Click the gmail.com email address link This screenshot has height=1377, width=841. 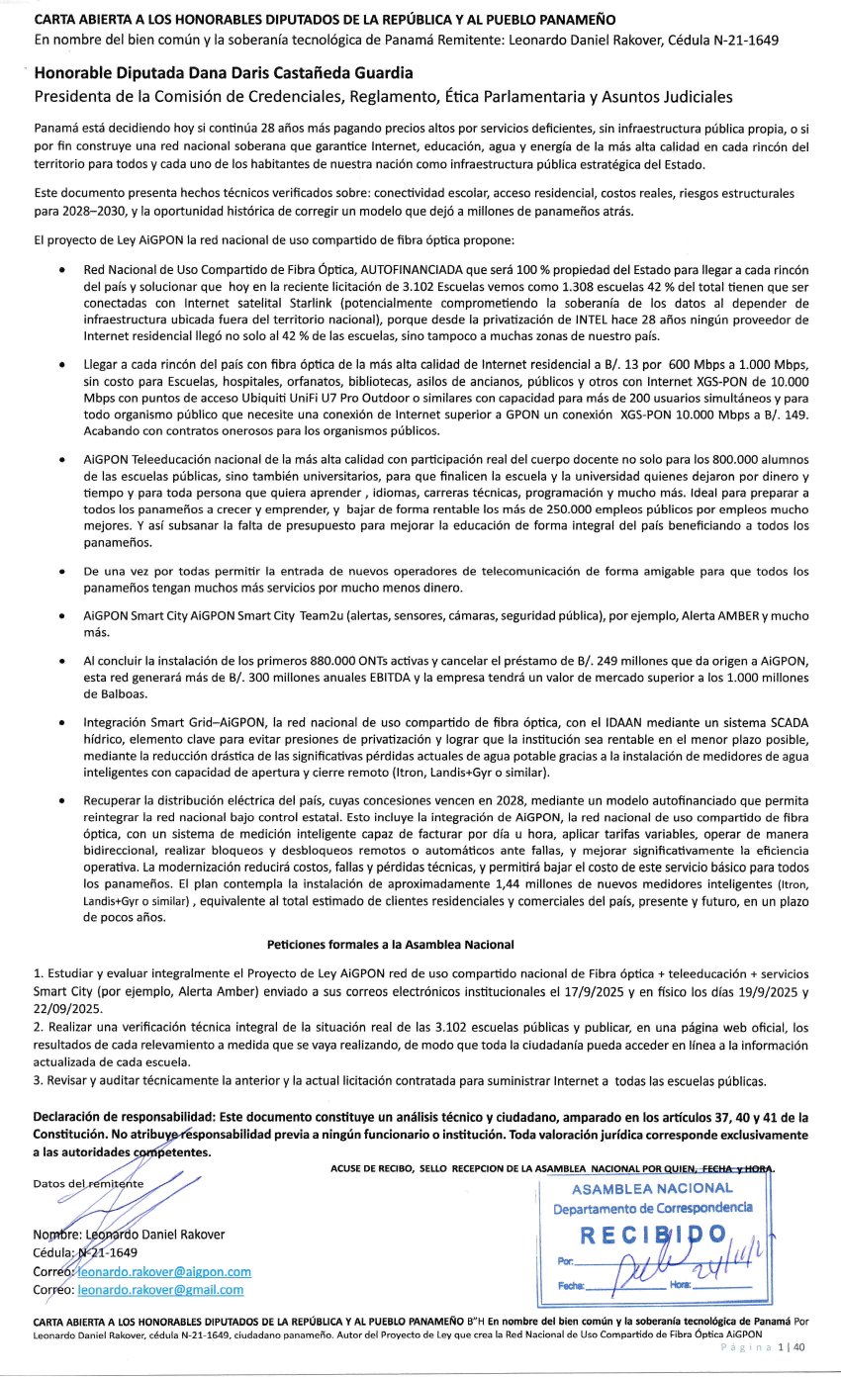pyautogui.click(x=159, y=1290)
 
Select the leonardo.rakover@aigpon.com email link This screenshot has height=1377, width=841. pyautogui.click(x=163, y=1271)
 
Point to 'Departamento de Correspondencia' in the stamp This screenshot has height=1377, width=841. pyautogui.click(x=653, y=1209)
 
